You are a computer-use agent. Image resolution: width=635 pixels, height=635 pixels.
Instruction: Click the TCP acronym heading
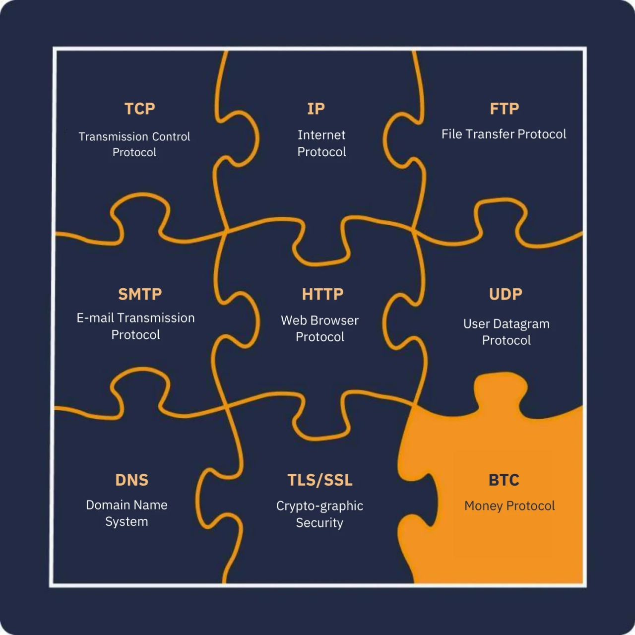click(140, 109)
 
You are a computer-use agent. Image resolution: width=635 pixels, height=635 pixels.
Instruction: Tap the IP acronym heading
click(316, 109)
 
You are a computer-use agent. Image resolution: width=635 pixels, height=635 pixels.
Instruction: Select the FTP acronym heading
click(504, 109)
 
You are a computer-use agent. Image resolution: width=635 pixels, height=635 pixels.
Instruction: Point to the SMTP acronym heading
click(140, 294)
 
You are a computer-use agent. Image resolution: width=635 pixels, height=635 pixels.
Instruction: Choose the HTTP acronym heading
click(322, 294)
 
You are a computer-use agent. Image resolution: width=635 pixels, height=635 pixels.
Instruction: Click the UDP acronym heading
click(506, 294)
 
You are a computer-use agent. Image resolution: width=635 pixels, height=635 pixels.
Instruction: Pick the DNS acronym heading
click(132, 480)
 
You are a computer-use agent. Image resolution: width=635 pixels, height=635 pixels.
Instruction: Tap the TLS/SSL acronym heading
click(320, 480)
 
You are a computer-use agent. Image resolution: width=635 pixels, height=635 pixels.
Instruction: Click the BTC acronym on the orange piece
click(504, 480)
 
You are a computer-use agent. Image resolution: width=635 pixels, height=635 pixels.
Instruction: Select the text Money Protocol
click(509, 506)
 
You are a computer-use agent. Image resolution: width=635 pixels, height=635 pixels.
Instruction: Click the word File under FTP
click(452, 134)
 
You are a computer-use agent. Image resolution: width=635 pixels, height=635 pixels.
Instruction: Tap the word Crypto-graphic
click(319, 506)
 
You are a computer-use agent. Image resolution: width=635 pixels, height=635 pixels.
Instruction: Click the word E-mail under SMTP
click(95, 318)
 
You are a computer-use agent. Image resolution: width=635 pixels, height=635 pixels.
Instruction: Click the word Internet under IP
click(321, 135)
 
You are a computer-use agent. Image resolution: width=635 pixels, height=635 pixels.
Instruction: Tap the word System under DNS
click(127, 522)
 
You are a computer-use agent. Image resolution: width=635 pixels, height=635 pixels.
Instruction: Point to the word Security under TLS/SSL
click(319, 523)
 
